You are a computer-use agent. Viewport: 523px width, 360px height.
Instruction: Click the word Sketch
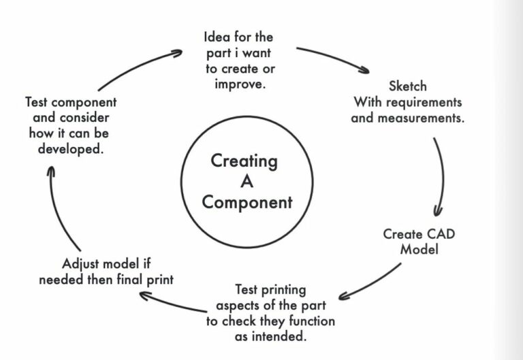(407, 87)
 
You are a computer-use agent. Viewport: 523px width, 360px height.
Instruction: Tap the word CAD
(440, 234)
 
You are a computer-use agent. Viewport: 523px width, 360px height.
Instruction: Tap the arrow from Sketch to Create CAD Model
(440, 177)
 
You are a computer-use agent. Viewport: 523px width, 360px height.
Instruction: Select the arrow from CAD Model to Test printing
(372, 280)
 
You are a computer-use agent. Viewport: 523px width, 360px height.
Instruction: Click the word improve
(238, 84)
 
